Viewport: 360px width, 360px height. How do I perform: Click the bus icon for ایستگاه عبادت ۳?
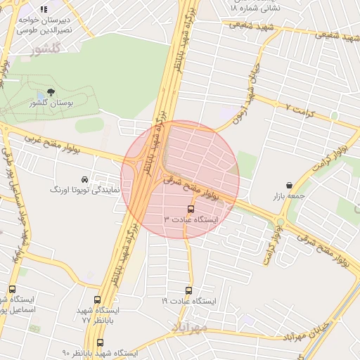coord(191,209)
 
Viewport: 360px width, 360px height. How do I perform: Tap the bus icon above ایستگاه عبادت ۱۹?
coord(188,290)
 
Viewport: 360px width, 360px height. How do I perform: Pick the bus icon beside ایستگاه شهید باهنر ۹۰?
coord(100,342)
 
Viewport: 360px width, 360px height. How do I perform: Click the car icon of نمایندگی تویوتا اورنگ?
coord(85,179)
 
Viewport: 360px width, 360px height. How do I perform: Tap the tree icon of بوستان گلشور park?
coord(50,92)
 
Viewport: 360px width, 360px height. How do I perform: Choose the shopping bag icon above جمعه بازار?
coord(289,186)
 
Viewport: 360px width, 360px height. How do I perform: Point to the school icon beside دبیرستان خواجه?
coord(44,10)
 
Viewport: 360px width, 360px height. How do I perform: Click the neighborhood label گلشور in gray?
coord(48,49)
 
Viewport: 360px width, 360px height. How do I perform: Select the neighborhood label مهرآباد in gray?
coord(191,327)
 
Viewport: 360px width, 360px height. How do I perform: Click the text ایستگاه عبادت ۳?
coord(192,219)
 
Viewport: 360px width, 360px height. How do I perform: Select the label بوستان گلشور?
coord(51,103)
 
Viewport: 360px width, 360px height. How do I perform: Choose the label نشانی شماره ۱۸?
coord(255,8)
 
